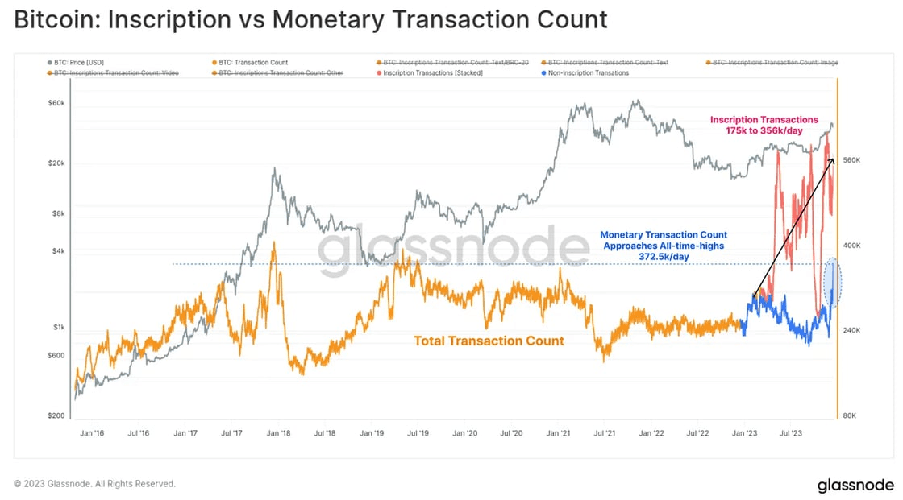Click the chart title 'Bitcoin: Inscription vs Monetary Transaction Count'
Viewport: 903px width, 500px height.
pos(310,19)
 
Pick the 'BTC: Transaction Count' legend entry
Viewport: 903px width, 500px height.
pos(253,62)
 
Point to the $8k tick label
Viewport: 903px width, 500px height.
pos(56,213)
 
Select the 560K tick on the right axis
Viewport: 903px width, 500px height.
pos(854,161)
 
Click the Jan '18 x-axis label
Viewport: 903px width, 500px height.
pos(279,433)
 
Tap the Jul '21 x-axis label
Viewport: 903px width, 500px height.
pos(605,433)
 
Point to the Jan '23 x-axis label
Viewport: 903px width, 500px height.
pos(744,433)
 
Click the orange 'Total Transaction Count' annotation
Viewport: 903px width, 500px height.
pos(489,341)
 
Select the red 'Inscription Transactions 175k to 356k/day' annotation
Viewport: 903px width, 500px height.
pos(764,125)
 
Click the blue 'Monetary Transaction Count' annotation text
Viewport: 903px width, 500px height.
pos(663,245)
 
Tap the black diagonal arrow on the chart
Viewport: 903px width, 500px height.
pos(793,229)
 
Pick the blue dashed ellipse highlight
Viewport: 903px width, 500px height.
pos(834,282)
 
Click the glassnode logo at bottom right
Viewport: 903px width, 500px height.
pos(855,485)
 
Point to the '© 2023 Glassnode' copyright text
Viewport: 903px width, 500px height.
pos(94,484)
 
